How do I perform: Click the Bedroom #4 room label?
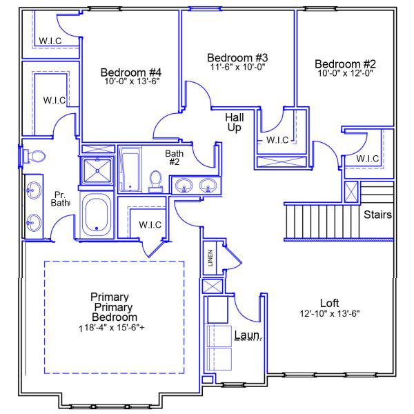(131, 72)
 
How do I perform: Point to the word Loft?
(330, 303)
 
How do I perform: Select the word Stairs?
(378, 215)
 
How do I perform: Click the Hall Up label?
(235, 122)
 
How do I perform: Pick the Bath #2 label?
(174, 157)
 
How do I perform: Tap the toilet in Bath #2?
(156, 181)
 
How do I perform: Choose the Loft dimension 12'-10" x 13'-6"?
(330, 313)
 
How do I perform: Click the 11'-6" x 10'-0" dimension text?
(237, 67)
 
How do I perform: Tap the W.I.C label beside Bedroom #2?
(367, 159)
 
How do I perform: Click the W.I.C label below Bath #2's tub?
(150, 224)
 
